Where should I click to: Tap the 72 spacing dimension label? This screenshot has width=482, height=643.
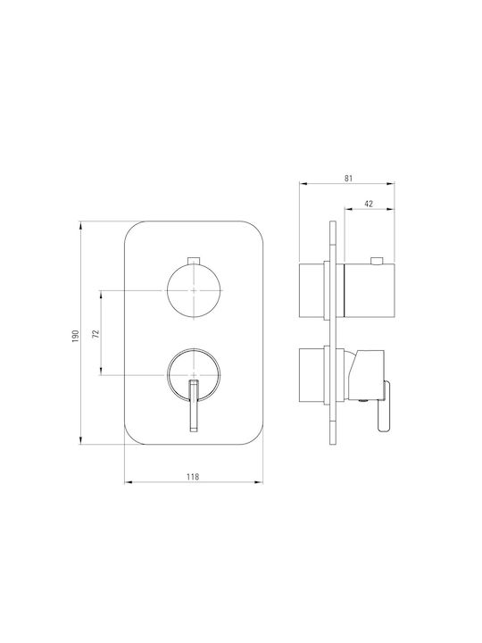96,333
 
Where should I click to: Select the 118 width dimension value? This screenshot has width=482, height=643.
193,477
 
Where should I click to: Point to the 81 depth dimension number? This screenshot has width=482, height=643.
348,178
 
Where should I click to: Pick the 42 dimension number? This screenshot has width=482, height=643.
369,204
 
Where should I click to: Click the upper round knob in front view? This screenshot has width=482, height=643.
194,290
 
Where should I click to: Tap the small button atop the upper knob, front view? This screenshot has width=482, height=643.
193,261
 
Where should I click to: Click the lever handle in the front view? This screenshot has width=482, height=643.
194,405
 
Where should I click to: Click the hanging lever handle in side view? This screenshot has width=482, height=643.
384,406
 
